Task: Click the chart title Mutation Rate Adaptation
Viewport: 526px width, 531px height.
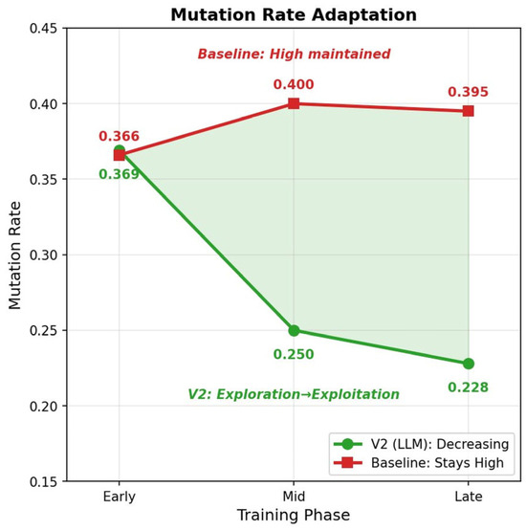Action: pyautogui.click(x=294, y=15)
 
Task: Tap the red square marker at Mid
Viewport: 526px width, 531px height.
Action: pyautogui.click(x=294, y=103)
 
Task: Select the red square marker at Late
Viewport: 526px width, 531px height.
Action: pyautogui.click(x=468, y=111)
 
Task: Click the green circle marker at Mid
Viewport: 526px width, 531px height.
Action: pyautogui.click(x=294, y=330)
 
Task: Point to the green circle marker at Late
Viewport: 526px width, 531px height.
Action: pyautogui.click(x=468, y=364)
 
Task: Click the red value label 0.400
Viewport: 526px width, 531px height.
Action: pyautogui.click(x=294, y=84)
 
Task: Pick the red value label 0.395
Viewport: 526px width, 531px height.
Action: pyautogui.click(x=468, y=92)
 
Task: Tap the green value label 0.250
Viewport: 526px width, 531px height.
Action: pyautogui.click(x=294, y=354)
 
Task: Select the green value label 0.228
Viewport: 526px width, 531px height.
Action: pyautogui.click(x=468, y=387)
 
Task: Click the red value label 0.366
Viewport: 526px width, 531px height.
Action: pyautogui.click(x=119, y=136)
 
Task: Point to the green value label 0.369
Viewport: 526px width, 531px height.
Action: pyautogui.click(x=119, y=174)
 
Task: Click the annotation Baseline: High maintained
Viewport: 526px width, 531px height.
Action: pyautogui.click(x=294, y=54)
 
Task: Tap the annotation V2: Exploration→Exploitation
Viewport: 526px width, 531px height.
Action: pyautogui.click(x=294, y=394)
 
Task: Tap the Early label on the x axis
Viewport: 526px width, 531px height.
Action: pyautogui.click(x=120, y=498)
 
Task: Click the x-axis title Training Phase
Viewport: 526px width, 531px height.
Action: pyautogui.click(x=294, y=516)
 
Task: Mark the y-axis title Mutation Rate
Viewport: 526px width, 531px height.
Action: pyautogui.click(x=15, y=255)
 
